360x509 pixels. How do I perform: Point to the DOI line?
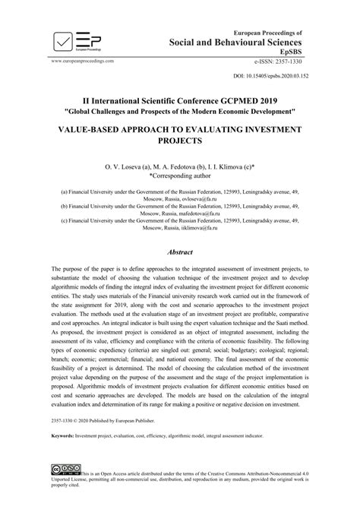(270, 77)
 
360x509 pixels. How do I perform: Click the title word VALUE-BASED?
(100, 131)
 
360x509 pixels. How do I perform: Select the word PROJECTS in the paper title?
(180, 142)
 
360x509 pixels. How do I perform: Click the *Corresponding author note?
(180, 174)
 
